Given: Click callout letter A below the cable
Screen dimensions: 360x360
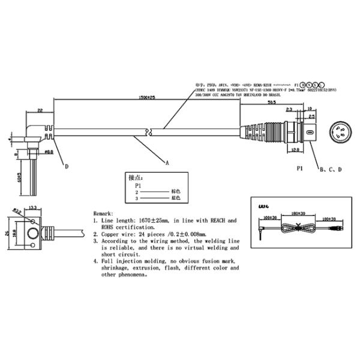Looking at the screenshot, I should pyautogui.click(x=167, y=162).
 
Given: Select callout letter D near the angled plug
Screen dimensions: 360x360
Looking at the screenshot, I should pyautogui.click(x=67, y=166).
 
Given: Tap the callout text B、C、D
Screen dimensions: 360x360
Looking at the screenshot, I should pyautogui.click(x=330, y=170).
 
